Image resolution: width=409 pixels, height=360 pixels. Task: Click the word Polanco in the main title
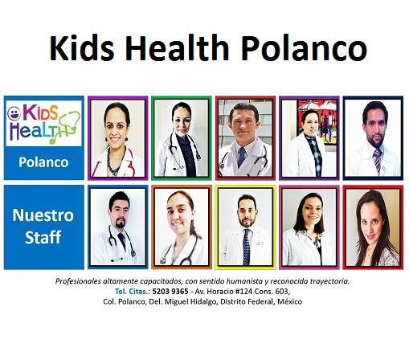pyautogui.click(x=305, y=47)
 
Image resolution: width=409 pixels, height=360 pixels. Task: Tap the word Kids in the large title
pyautogui.click(x=82, y=47)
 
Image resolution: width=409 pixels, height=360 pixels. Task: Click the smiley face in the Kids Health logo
pyautogui.click(x=14, y=113)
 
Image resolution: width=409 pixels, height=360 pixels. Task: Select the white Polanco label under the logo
pyautogui.click(x=43, y=162)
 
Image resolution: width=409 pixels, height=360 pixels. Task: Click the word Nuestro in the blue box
pyautogui.click(x=43, y=215)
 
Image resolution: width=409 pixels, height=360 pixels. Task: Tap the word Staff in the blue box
pyautogui.click(x=43, y=237)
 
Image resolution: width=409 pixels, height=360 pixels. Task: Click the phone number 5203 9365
pyautogui.click(x=170, y=291)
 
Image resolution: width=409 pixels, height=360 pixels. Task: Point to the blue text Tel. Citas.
pyautogui.click(x=131, y=291)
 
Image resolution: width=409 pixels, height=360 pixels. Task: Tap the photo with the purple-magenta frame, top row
pyautogui.click(x=118, y=138)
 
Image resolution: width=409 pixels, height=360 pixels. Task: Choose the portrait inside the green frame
pyautogui.click(x=182, y=138)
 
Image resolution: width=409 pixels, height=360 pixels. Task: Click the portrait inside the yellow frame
pyautogui.click(x=245, y=227)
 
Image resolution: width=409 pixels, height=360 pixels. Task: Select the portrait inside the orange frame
pyautogui.click(x=182, y=227)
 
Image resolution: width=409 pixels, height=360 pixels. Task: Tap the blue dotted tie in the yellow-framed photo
pyautogui.click(x=246, y=247)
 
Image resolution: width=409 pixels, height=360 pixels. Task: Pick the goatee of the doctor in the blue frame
pyautogui.click(x=121, y=223)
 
